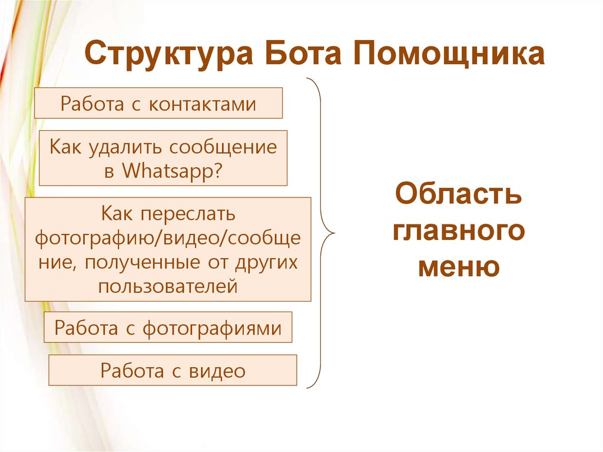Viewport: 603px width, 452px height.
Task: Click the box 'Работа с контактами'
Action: [158, 103]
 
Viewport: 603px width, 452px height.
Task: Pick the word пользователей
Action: [168, 286]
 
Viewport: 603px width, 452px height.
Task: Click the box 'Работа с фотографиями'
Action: [168, 328]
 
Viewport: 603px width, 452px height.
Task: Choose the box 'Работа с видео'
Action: [173, 371]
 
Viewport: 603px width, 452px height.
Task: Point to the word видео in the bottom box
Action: [217, 371]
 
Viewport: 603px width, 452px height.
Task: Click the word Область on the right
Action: [459, 194]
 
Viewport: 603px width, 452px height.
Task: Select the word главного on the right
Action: [459, 230]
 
